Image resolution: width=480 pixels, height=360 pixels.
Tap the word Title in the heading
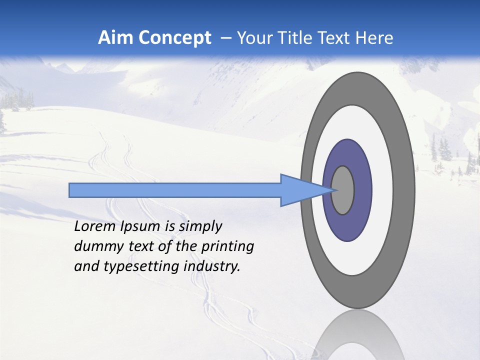click(294, 38)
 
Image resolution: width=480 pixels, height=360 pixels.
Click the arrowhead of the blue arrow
click(305, 190)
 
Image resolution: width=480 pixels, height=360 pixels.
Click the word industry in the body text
click(211, 267)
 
